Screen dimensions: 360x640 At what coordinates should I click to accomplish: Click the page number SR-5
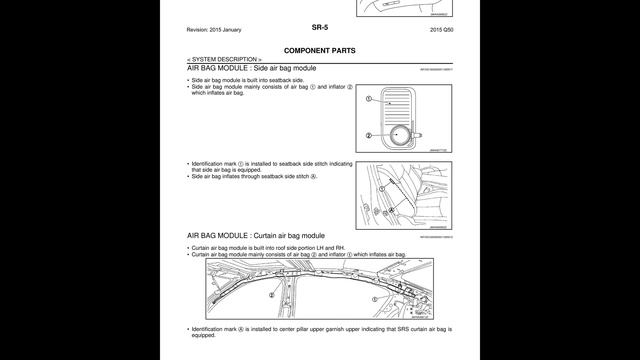tap(319, 29)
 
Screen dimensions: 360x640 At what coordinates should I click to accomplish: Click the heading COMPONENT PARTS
tap(319, 49)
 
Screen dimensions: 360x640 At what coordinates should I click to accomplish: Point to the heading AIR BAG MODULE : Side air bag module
tap(251, 68)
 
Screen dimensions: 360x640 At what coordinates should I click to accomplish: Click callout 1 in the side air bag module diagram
tap(369, 100)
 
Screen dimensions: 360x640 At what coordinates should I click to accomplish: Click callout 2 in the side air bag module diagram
tap(369, 135)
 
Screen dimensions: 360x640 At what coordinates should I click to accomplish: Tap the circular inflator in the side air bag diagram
tap(403, 135)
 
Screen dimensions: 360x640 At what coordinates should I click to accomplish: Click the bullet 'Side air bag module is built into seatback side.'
tap(246, 79)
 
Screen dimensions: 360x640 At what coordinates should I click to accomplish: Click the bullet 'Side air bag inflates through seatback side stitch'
tap(252, 176)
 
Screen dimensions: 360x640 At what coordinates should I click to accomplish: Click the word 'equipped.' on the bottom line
tap(203, 336)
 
